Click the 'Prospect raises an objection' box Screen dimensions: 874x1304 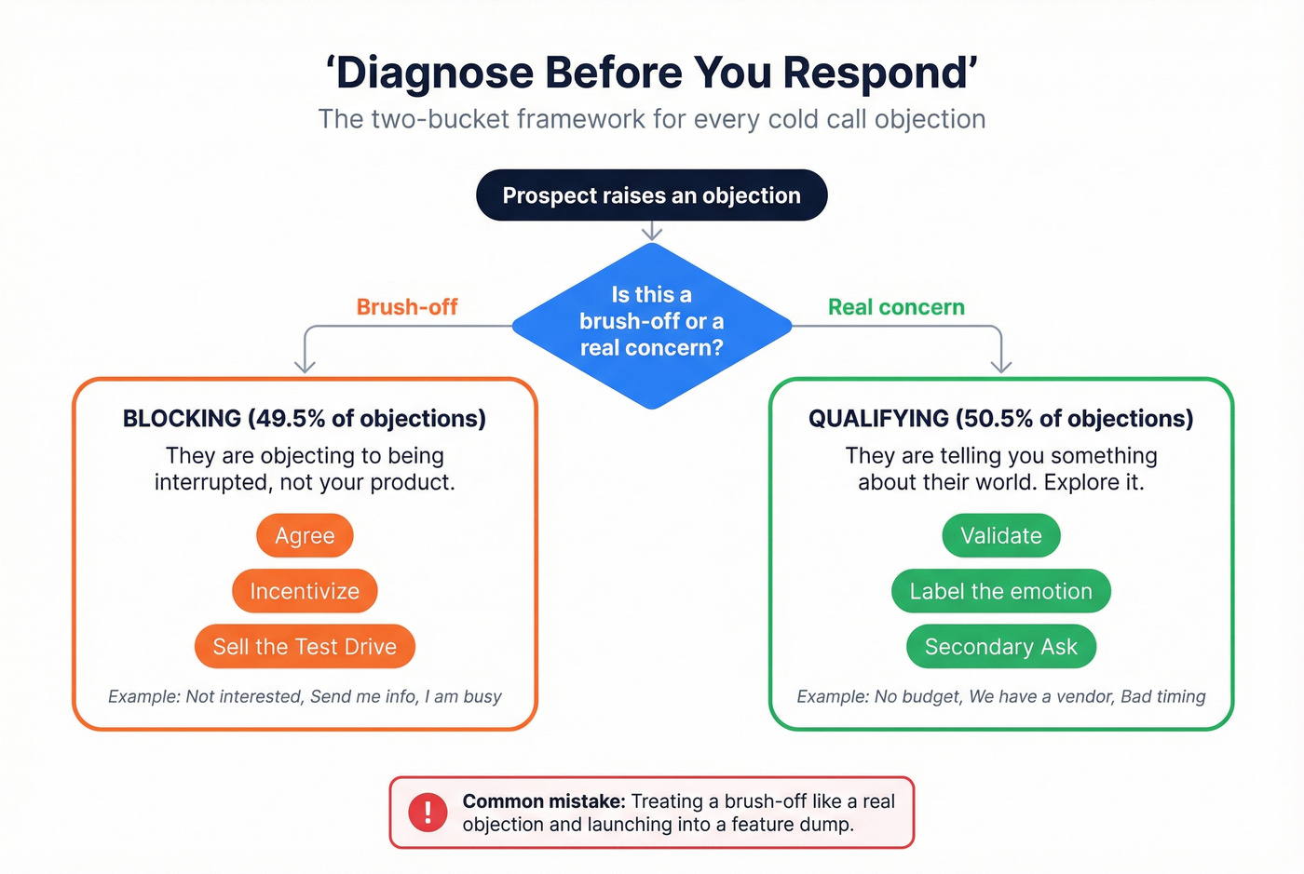coord(651,195)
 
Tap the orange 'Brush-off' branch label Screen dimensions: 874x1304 coord(407,307)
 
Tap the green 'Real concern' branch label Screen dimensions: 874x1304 coord(896,307)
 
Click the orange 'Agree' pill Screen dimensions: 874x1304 coord(305,536)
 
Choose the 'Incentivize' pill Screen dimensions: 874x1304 coord(305,591)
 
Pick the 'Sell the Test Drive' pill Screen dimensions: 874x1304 coord(305,647)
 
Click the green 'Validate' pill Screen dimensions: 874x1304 coord(1000,536)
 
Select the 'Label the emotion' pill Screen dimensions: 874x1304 coord(1000,591)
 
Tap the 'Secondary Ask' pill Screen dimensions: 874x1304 coord(1000,647)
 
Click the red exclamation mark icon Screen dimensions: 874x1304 coord(428,812)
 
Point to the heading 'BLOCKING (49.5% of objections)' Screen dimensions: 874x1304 coord(305,419)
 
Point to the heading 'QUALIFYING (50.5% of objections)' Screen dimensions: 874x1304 coord(1000,419)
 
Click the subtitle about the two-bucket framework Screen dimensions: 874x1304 coord(651,120)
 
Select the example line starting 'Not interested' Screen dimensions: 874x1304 coord(305,696)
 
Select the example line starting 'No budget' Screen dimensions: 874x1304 coord(1000,696)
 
